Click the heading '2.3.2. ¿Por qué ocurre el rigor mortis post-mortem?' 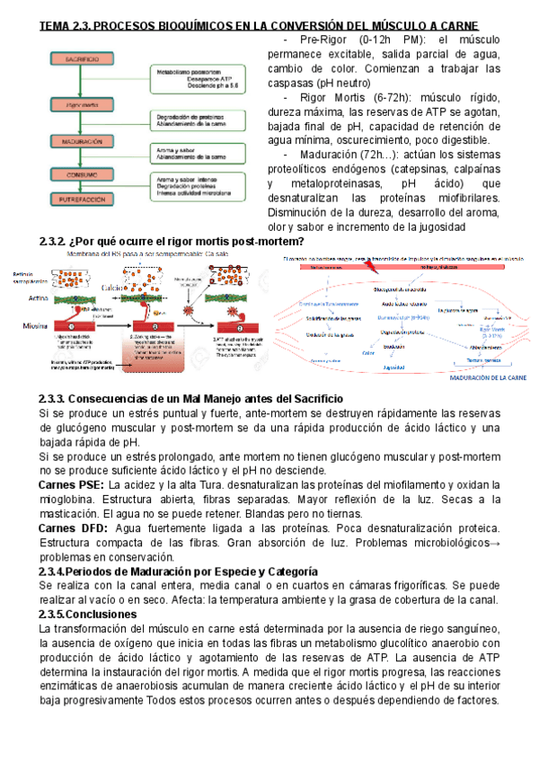coord(172,242)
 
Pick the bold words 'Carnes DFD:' coord(73,527)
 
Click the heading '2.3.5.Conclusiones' coord(87,614)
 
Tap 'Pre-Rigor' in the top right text coord(325,41)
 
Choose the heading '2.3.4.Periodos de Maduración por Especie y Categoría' coord(178,571)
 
